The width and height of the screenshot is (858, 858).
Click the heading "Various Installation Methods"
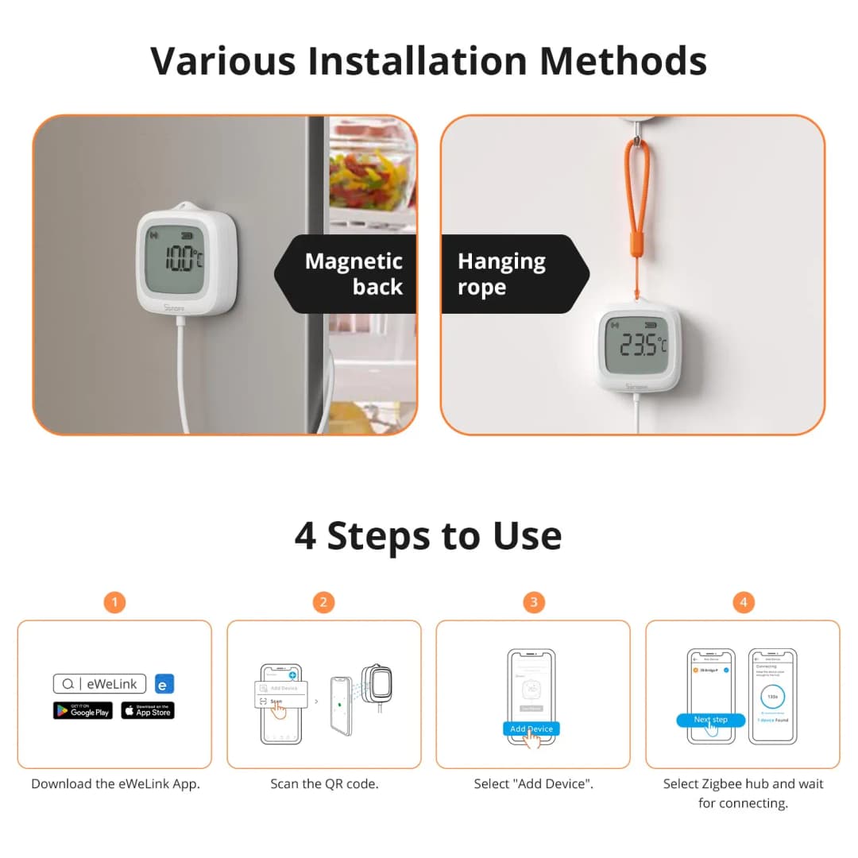point(428,60)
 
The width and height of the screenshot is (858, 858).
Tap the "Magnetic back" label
point(354,273)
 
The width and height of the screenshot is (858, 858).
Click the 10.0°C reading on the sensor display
point(182,259)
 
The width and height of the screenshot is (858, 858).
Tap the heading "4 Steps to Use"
point(428,535)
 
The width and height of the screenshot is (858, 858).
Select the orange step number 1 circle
point(114,602)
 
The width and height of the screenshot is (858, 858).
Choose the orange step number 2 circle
point(323,602)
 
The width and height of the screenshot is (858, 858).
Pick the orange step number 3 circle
point(533,602)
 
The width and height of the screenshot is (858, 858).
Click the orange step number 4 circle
point(743,602)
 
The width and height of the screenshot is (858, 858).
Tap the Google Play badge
point(83,711)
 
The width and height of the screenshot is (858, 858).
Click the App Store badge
point(148,711)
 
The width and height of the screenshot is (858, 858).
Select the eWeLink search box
point(100,684)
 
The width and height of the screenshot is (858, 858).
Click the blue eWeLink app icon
point(164,684)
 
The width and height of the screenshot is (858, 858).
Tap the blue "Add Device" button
point(531,729)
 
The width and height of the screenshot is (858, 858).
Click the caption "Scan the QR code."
point(324,783)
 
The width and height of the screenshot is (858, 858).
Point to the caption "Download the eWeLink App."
point(115,783)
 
